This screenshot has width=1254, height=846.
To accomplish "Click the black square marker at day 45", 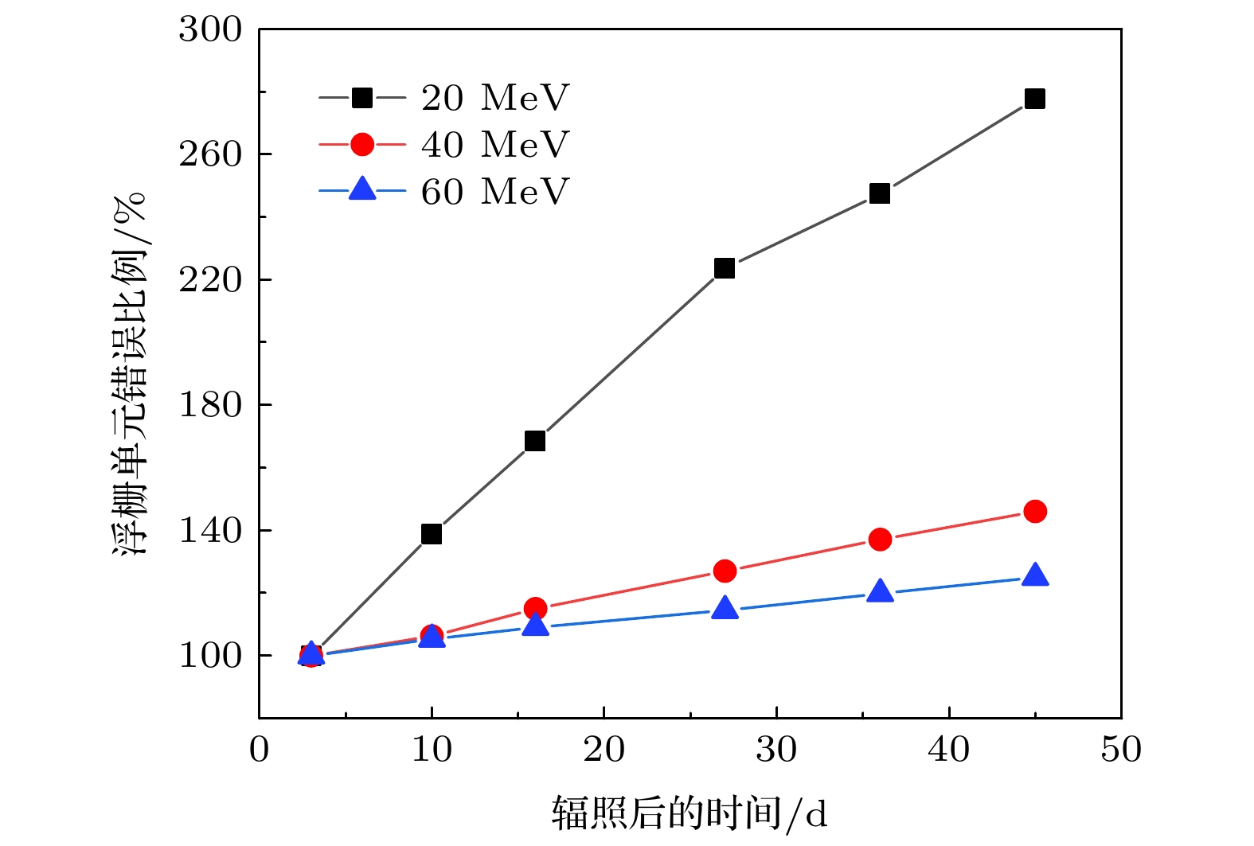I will [1034, 99].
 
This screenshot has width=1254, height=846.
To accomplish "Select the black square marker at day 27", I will [724, 268].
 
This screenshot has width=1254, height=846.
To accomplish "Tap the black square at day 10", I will [432, 534].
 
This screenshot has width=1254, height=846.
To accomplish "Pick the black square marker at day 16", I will [535, 441].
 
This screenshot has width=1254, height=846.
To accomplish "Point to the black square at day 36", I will [879, 193].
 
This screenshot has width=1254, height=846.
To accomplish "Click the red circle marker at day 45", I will [1034, 511].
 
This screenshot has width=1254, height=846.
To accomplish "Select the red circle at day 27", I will [724, 571].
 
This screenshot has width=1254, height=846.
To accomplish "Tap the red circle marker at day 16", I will [535, 609].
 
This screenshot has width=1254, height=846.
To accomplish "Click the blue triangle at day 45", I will [1034, 575].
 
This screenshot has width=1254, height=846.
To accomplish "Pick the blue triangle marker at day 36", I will [879, 591].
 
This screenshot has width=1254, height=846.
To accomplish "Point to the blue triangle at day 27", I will [724, 609].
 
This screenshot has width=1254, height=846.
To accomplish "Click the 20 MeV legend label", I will [495, 98].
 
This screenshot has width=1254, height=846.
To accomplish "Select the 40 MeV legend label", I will [495, 145].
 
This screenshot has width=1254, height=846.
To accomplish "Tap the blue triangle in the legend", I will [362, 189].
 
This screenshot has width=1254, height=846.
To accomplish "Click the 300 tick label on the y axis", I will [210, 29].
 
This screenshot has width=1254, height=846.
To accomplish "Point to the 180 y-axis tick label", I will [210, 405].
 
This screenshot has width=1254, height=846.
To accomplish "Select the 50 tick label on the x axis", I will [1121, 750].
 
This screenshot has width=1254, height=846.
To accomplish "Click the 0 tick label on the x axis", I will [260, 750].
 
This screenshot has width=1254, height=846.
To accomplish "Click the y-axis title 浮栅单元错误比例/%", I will [130, 374].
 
